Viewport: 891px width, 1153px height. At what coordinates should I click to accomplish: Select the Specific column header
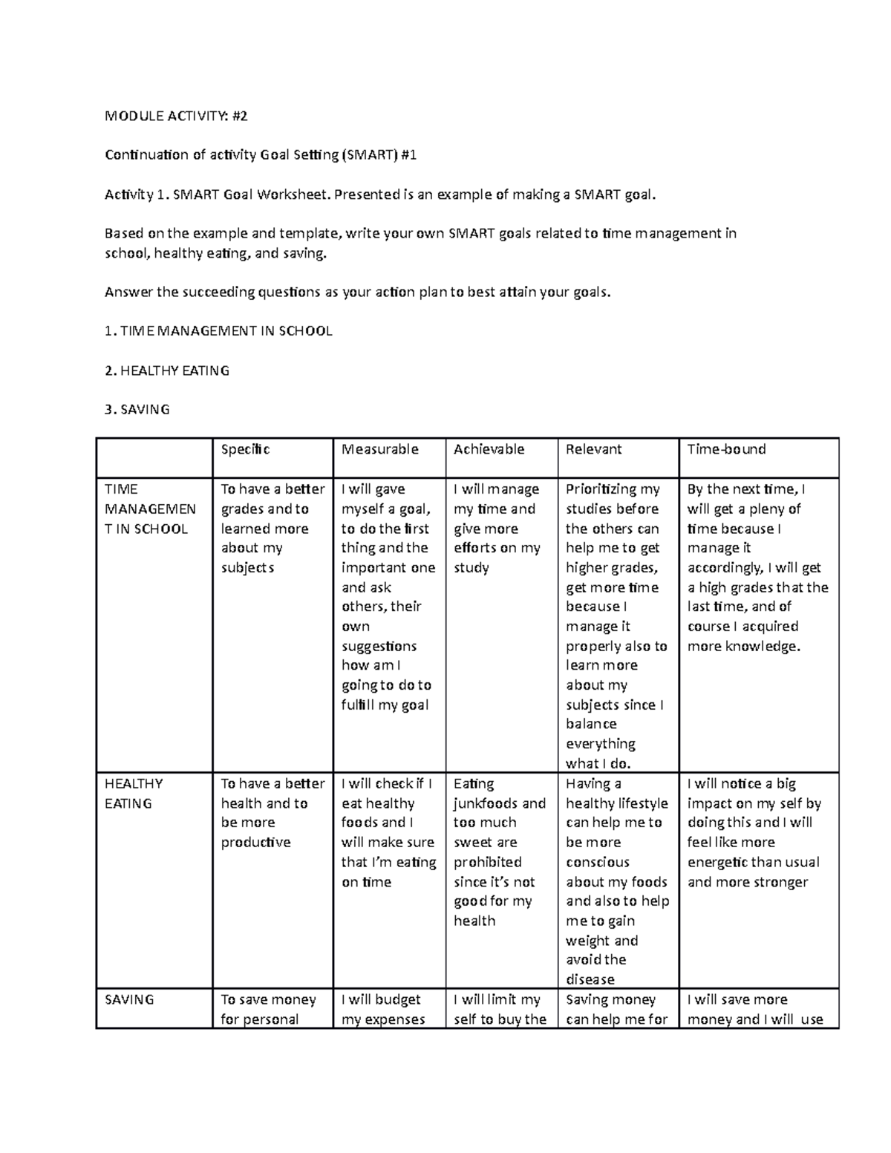coord(245,449)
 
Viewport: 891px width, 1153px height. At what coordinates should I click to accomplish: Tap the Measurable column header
coord(379,449)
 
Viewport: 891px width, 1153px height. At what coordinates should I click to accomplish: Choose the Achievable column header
coord(489,449)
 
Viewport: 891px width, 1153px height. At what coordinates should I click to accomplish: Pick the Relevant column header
coord(593,449)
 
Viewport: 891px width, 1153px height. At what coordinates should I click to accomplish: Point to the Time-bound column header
coord(726,449)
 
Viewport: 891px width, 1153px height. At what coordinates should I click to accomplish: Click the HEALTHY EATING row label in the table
coord(134,793)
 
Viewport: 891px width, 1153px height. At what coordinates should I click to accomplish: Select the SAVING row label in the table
coord(129,1000)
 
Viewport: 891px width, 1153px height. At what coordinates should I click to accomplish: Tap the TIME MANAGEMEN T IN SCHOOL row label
coord(150,509)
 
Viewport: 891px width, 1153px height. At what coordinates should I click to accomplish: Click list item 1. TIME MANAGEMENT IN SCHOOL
coord(218,331)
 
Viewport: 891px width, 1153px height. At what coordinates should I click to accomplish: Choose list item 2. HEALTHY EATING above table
coord(167,370)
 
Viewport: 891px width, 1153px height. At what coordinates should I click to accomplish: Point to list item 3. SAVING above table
coord(137,409)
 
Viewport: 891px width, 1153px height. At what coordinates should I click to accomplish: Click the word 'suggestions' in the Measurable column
coord(379,646)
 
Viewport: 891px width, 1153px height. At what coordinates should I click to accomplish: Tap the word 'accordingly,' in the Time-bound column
coord(725,568)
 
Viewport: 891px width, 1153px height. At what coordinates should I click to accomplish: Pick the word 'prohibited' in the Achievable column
coord(487,862)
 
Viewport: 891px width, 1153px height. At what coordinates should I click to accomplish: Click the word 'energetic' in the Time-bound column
coord(717,862)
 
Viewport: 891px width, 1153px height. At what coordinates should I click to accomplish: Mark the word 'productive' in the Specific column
coord(255,843)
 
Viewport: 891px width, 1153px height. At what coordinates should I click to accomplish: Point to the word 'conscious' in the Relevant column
coord(597,862)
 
